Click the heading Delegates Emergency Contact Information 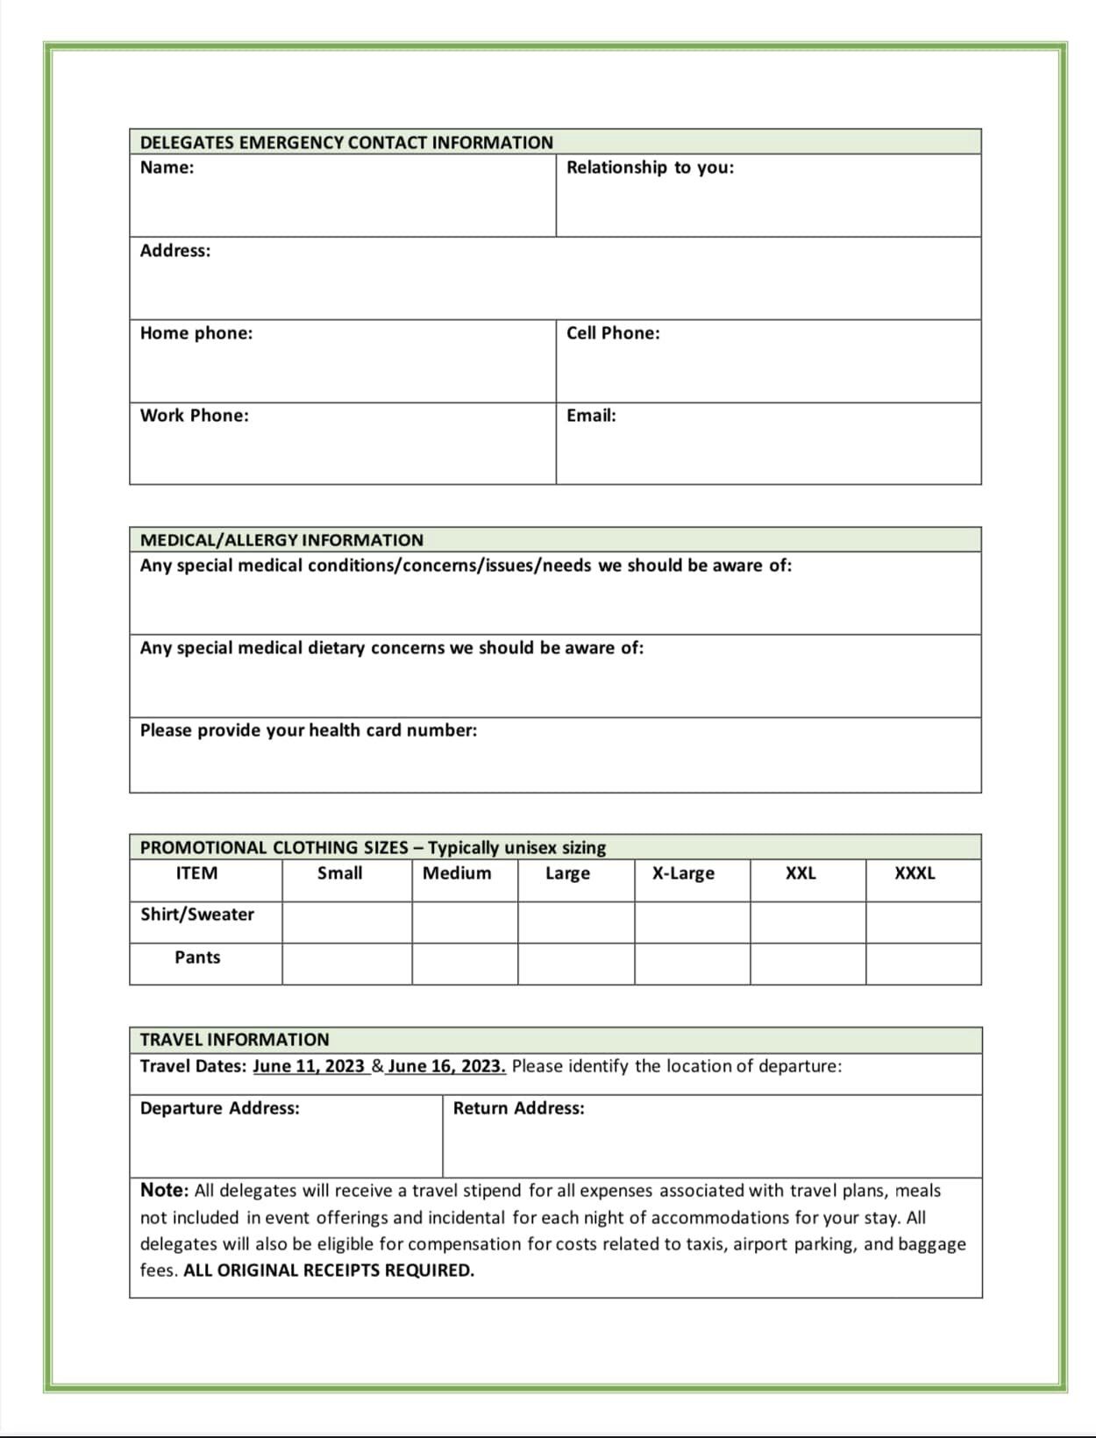tap(346, 142)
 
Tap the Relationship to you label tap(650, 167)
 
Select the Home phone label tap(196, 333)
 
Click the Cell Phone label tap(613, 333)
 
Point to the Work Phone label tap(195, 416)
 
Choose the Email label tap(591, 416)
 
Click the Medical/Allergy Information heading tap(281, 540)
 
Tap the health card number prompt tap(309, 730)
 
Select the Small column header tap(339, 873)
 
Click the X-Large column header tap(683, 873)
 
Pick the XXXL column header tap(915, 873)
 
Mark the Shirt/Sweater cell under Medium tap(465, 922)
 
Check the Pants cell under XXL tap(808, 965)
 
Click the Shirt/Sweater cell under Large tap(576, 922)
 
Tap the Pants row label tap(197, 957)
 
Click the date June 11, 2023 tap(309, 1066)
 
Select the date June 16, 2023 tap(446, 1066)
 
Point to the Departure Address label tap(219, 1108)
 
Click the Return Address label tap(518, 1108)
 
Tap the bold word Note tap(164, 1190)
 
